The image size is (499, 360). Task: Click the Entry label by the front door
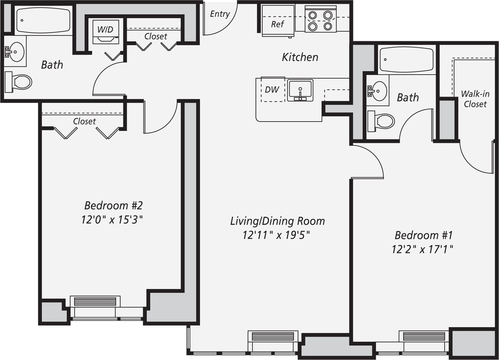219,14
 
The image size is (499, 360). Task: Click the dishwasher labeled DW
272,89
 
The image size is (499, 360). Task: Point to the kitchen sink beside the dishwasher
300,90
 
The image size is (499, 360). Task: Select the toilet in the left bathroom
19,82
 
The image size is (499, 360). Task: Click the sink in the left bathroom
15,52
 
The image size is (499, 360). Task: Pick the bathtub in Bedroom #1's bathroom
406,60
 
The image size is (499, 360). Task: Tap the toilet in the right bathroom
381,121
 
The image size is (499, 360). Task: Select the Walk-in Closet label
475,99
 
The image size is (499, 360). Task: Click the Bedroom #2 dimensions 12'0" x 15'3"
112,219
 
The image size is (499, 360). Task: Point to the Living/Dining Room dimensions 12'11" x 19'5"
276,235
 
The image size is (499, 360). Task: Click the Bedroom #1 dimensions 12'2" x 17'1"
423,249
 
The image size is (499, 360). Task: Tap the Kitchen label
300,57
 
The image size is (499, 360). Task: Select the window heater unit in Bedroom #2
95,301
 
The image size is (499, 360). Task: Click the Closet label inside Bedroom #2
84,121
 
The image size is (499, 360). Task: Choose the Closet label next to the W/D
156,36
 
